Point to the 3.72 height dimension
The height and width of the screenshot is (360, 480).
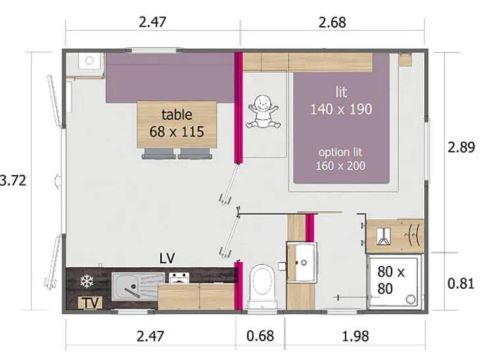pos(13,180)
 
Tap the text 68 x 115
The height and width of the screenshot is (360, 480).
pos(176,131)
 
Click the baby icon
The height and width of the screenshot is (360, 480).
pos(262,111)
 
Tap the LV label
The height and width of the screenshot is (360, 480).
pos(168,258)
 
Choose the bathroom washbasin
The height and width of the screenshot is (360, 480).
pos(301,265)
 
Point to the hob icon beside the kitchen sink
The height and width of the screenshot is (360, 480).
pos(178,278)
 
